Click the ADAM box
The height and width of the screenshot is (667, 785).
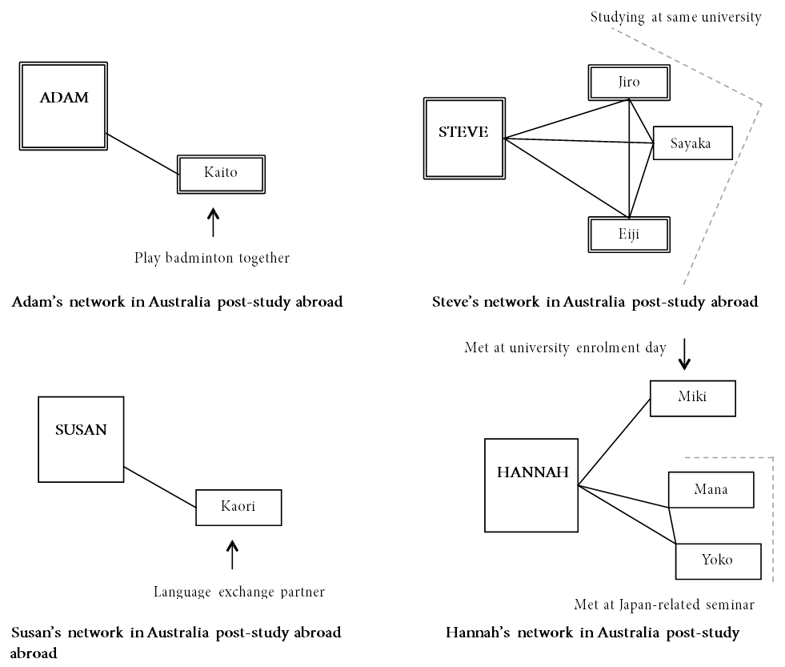point(63,106)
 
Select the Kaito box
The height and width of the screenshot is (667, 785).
point(221,174)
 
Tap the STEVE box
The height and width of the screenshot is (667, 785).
point(464,139)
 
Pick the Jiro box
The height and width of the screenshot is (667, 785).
point(629,82)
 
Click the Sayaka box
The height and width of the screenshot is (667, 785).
point(693,143)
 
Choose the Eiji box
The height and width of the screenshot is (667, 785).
point(629,234)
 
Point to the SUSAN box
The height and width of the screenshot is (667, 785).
point(81,439)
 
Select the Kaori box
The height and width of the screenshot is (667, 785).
point(238,507)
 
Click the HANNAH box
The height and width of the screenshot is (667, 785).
point(531,485)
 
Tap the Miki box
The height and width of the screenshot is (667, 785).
point(693,398)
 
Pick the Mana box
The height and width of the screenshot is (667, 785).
point(711,489)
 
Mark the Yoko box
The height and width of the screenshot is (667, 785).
point(719,561)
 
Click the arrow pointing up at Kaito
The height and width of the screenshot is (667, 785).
point(214,222)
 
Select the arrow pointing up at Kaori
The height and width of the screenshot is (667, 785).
point(232,554)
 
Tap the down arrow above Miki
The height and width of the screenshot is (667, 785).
point(684,354)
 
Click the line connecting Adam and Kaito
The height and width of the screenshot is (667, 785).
point(142,154)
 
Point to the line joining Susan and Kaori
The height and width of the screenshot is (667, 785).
point(160,487)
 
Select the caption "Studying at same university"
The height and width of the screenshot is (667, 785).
point(676,18)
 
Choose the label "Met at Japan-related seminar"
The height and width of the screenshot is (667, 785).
point(664,605)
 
